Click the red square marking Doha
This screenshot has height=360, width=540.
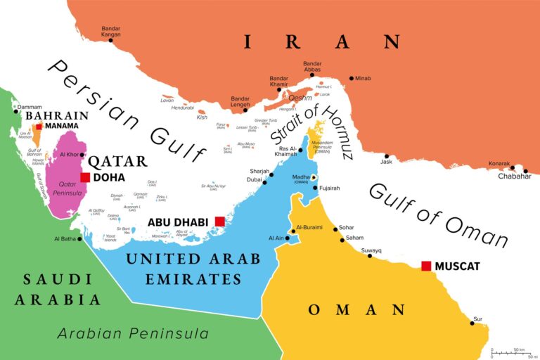pos(85,177)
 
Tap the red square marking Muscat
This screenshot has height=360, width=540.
pos(425,266)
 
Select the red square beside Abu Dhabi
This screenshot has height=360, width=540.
pos(219,221)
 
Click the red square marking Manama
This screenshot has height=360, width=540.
pos(39,127)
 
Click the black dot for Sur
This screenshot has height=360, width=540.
pos(472,323)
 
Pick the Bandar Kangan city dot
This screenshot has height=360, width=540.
pos(110,40)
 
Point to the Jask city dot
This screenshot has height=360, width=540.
pos(386,156)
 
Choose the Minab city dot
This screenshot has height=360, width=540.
pos(352,78)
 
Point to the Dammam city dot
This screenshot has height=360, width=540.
pos(16,110)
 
